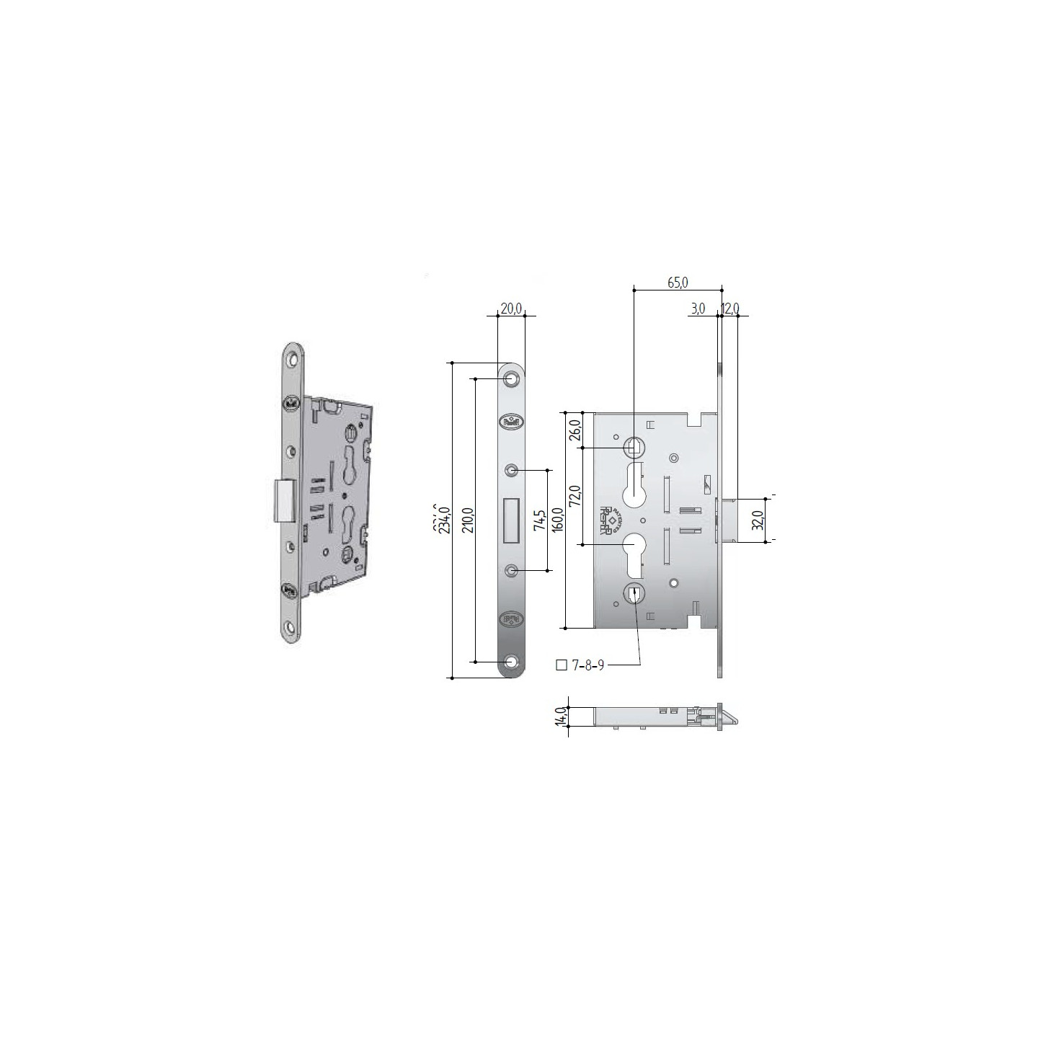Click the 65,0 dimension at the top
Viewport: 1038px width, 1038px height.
(678, 283)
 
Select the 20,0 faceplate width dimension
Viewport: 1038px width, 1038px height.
(510, 309)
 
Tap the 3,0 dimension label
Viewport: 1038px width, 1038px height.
(697, 309)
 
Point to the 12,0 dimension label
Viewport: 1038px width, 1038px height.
(730, 309)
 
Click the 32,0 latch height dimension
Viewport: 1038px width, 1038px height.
(758, 519)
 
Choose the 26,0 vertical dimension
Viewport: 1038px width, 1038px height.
(575, 430)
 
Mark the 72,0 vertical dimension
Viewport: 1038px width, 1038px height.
(575, 497)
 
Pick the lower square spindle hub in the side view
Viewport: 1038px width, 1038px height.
(634, 594)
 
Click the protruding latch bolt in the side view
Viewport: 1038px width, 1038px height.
(727, 519)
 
